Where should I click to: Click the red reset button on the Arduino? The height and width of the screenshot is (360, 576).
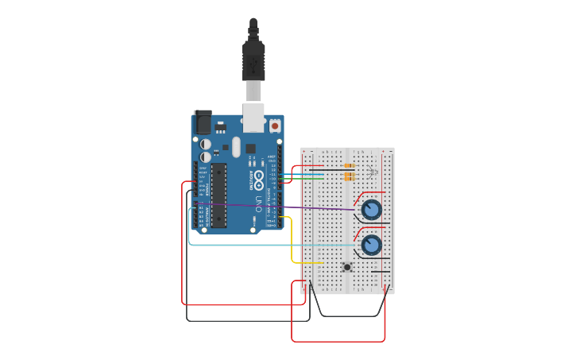tap(275, 126)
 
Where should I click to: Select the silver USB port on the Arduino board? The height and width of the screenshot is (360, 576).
tap(253, 118)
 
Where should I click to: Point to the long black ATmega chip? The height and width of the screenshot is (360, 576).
tap(218, 195)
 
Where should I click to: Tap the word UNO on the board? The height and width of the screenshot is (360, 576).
tap(258, 205)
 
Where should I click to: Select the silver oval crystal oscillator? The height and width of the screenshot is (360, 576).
tap(236, 146)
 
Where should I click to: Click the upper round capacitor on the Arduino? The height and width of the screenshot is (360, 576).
tap(206, 144)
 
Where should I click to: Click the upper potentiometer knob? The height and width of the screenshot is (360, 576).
tap(371, 210)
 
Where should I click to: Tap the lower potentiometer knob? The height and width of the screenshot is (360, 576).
tap(371, 245)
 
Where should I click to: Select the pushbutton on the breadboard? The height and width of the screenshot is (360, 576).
tap(347, 267)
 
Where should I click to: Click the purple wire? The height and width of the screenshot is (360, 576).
tap(318, 208)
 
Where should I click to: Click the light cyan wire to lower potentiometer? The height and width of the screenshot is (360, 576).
tap(270, 245)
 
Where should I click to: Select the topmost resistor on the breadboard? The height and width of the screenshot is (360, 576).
tap(349, 165)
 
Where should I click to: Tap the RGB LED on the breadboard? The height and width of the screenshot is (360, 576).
tap(373, 171)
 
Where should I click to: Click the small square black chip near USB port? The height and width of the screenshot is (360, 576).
tap(250, 149)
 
